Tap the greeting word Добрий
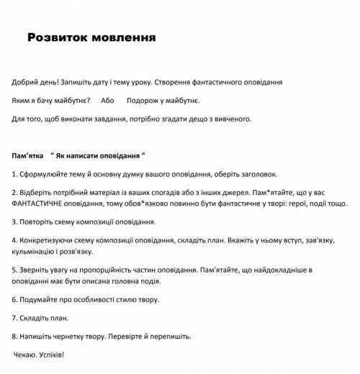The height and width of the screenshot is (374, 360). [27, 82]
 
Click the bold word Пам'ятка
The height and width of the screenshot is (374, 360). [28, 155]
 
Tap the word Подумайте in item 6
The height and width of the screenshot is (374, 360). [39, 298]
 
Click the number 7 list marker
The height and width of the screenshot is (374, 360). [14, 316]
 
